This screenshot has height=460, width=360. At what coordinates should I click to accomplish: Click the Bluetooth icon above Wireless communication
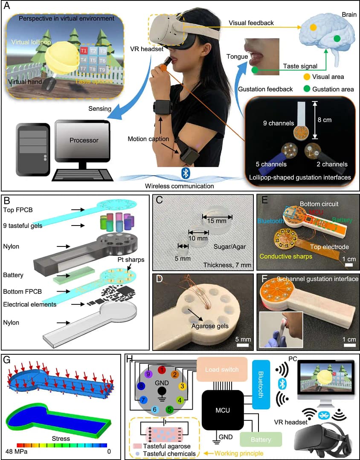186,173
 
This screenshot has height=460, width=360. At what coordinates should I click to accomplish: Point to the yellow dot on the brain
313,27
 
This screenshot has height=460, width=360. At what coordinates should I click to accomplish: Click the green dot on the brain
337,39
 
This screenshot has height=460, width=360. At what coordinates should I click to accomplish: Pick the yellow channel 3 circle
182,386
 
